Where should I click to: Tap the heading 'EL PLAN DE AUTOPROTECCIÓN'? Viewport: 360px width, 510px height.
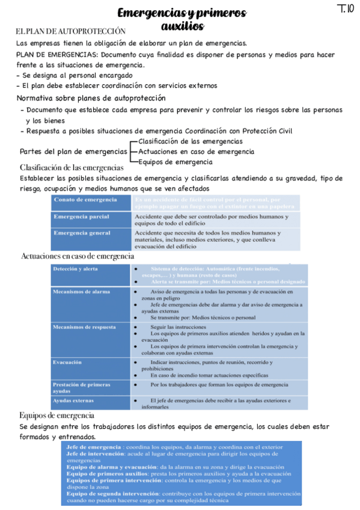pyautogui.click(x=71, y=31)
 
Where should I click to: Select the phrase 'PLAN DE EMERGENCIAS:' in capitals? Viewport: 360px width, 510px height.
pyautogui.click(x=57, y=54)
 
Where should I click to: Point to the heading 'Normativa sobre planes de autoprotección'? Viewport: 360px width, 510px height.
pyautogui.click(x=91, y=97)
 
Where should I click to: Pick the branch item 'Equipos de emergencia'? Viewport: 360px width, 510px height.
pyautogui.click(x=175, y=162)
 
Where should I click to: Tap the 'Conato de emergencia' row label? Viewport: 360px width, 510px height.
pyautogui.click(x=85, y=200)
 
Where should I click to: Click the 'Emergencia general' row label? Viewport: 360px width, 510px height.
pyautogui.click(x=82, y=233)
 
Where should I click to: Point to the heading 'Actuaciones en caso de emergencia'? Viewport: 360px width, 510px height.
pyautogui.click(x=78, y=256)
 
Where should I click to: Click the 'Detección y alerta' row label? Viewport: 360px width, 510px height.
pyautogui.click(x=75, y=269)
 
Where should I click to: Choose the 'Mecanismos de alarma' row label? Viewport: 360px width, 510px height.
pyautogui.click(x=81, y=292)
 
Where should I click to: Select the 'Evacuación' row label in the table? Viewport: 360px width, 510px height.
pyautogui.click(x=67, y=362)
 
